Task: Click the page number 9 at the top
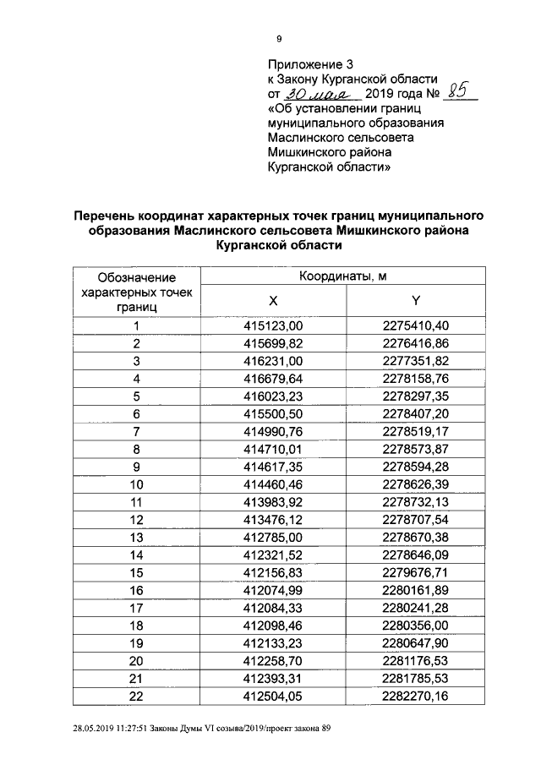(x=279, y=38)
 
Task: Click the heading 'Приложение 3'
(x=309, y=64)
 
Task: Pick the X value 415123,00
(x=273, y=325)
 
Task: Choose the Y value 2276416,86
(x=415, y=343)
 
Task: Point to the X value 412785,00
(x=273, y=537)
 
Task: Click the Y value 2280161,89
(x=415, y=590)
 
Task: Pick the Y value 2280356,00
(x=415, y=626)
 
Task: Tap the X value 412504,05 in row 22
(x=273, y=696)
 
